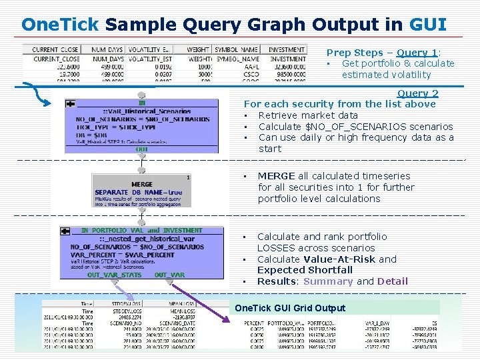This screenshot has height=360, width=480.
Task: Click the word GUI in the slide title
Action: click(428, 25)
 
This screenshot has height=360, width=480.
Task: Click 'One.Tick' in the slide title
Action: click(59, 25)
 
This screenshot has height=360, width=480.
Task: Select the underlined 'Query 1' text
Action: click(417, 53)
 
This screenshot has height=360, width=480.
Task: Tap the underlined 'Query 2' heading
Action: click(417, 94)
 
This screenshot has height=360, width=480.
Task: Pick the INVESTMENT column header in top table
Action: click(287, 50)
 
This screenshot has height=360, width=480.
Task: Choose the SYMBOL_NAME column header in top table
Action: click(237, 50)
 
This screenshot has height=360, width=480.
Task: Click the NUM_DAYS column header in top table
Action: click(107, 50)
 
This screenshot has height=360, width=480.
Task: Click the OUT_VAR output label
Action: click(169, 275)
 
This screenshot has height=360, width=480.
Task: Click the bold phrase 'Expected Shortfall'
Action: click(305, 270)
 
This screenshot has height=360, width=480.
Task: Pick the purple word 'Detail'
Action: click(392, 281)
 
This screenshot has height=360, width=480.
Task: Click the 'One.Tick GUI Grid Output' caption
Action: click(290, 308)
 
